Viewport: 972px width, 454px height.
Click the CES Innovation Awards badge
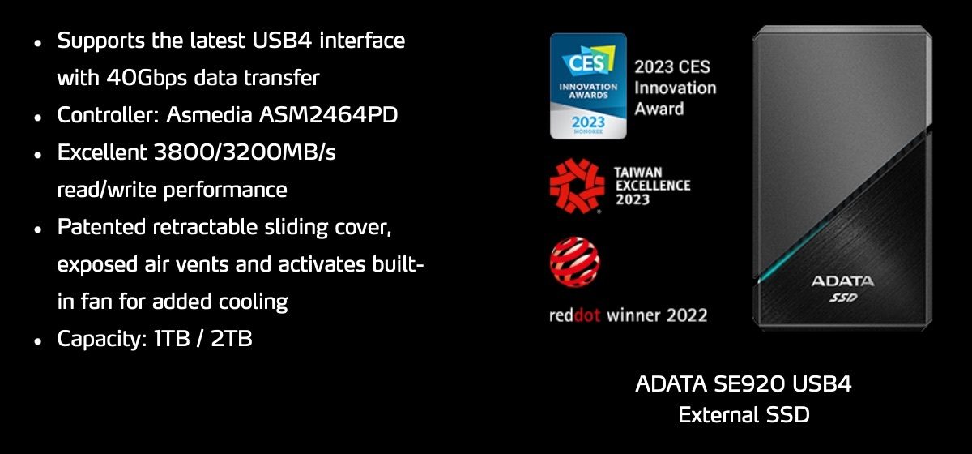[587, 86]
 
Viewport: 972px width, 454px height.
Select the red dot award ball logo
[575, 260]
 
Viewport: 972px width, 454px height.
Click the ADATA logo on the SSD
[842, 281]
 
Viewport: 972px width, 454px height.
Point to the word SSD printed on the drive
[843, 298]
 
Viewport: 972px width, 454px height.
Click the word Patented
[100, 228]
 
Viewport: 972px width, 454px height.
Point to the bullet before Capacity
[37, 341]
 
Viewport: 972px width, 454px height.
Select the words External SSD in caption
[744, 414]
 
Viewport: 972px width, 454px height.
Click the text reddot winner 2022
[628, 315]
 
